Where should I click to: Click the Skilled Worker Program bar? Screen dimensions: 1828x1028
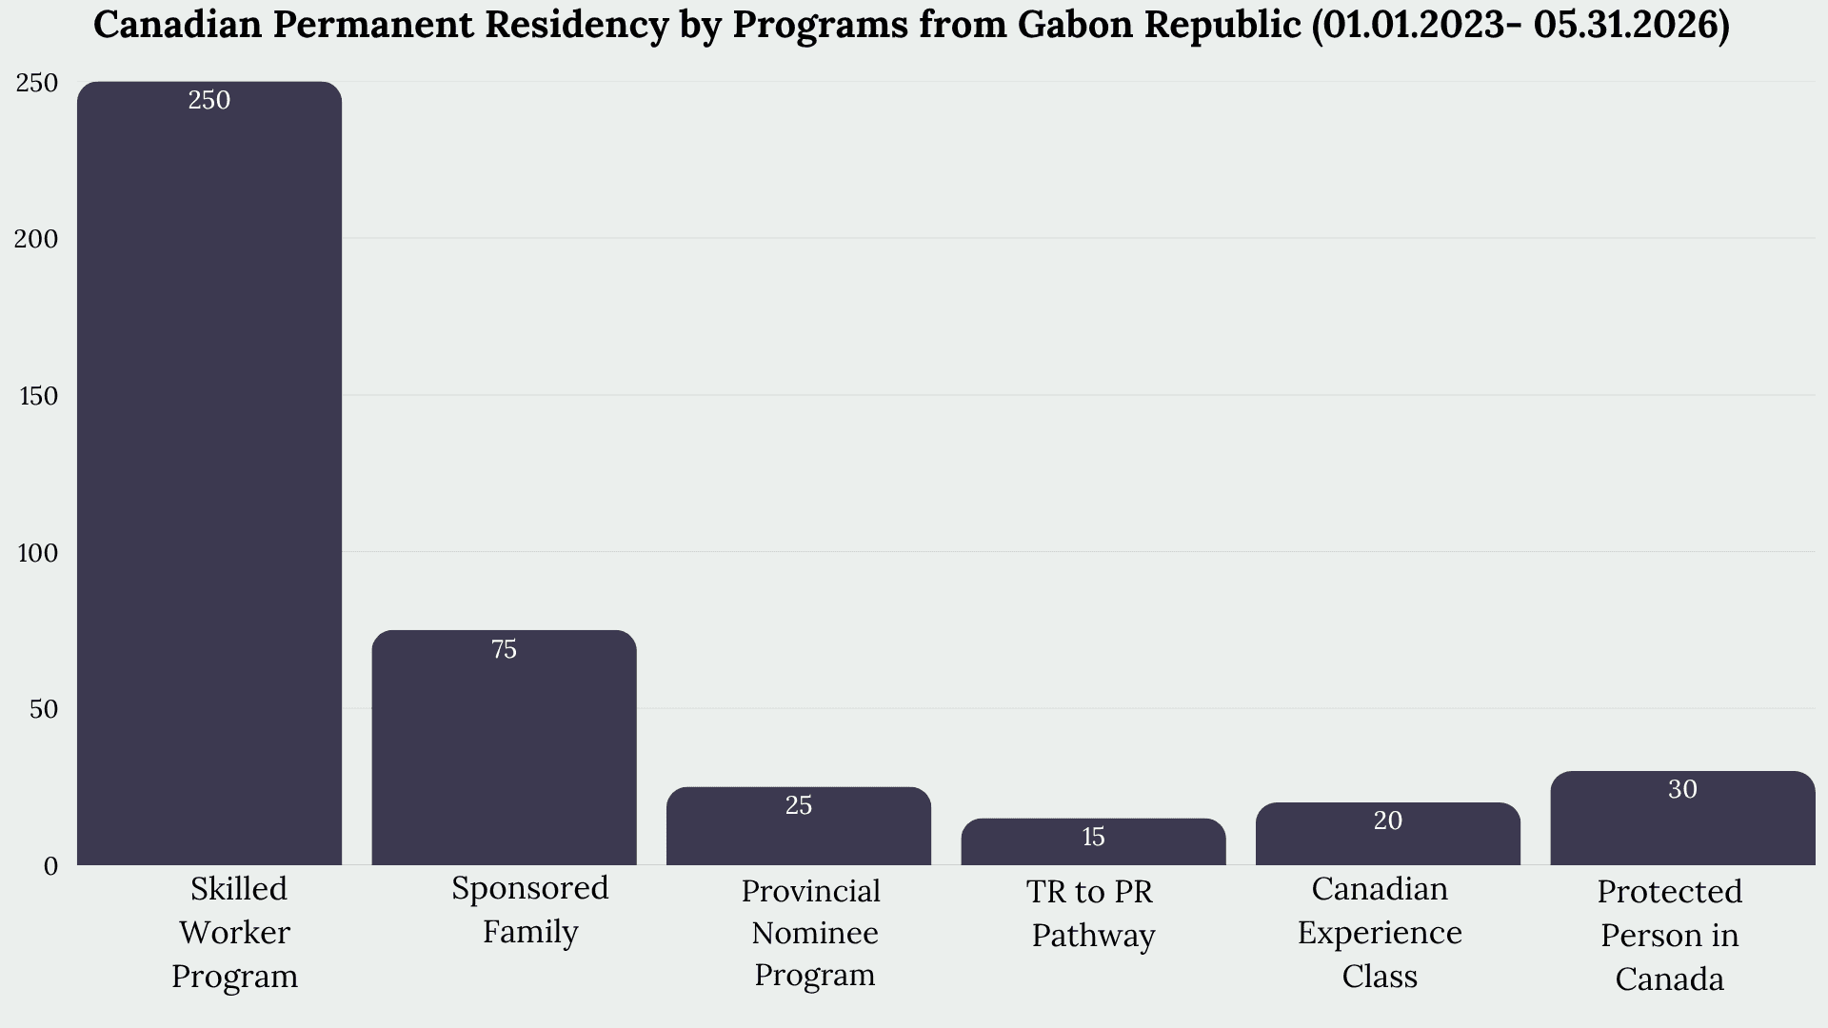pos(209,473)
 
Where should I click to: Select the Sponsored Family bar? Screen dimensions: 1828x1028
pos(504,747)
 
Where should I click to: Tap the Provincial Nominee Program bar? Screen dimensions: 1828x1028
pos(799,826)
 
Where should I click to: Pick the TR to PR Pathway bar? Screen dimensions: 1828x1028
pos(1093,841)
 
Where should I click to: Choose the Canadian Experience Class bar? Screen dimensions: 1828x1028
pos(1388,834)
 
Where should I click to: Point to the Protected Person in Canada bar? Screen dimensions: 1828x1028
pos(1683,819)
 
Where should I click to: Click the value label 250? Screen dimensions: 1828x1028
pos(209,100)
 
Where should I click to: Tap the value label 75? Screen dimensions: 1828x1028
pos(504,649)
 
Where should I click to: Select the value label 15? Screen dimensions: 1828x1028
pos(1093,837)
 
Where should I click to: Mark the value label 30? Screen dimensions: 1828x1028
pos(1682,789)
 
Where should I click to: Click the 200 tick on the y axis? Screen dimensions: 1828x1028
pos(37,239)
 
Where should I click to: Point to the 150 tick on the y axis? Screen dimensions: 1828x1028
pos(39,396)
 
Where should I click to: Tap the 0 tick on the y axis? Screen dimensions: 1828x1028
pos(50,866)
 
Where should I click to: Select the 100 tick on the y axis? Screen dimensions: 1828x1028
pos(39,553)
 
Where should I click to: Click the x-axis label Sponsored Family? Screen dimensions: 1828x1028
pos(530,910)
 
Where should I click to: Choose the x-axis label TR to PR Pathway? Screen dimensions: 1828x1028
pos(1092,914)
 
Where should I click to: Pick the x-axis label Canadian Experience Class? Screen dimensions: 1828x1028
pos(1380,932)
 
